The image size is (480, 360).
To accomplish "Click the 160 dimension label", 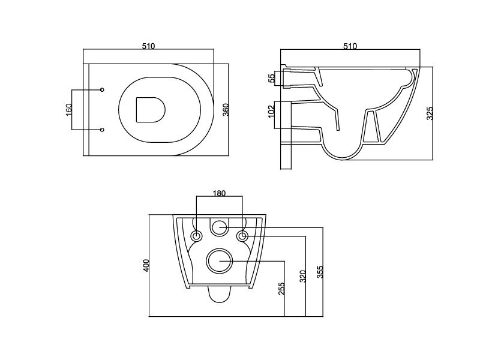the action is [x=68, y=110].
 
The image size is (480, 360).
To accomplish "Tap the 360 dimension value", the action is [x=226, y=110].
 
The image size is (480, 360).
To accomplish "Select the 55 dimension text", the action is [x=272, y=79].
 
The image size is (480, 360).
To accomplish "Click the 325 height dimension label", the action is [x=430, y=113].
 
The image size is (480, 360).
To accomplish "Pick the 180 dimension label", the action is [x=219, y=193].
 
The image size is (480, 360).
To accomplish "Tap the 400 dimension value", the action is [x=146, y=265].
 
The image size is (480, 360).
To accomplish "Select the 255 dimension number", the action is [x=281, y=289].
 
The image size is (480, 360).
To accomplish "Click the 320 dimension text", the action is [x=302, y=276].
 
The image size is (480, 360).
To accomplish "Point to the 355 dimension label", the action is [x=320, y=272].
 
